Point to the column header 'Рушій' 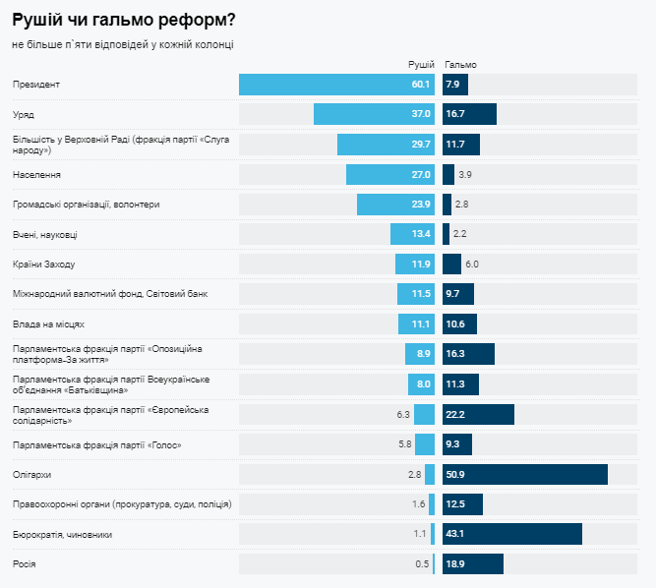(421, 64)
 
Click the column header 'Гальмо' (460, 64)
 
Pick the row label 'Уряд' (23, 115)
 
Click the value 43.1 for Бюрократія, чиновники (455, 534)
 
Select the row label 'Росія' (24, 563)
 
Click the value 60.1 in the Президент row (421, 85)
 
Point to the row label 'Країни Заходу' (43, 265)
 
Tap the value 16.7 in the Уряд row (455, 115)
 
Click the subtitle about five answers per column (123, 44)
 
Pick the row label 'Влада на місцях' (48, 323)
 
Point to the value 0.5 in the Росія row (422, 563)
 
